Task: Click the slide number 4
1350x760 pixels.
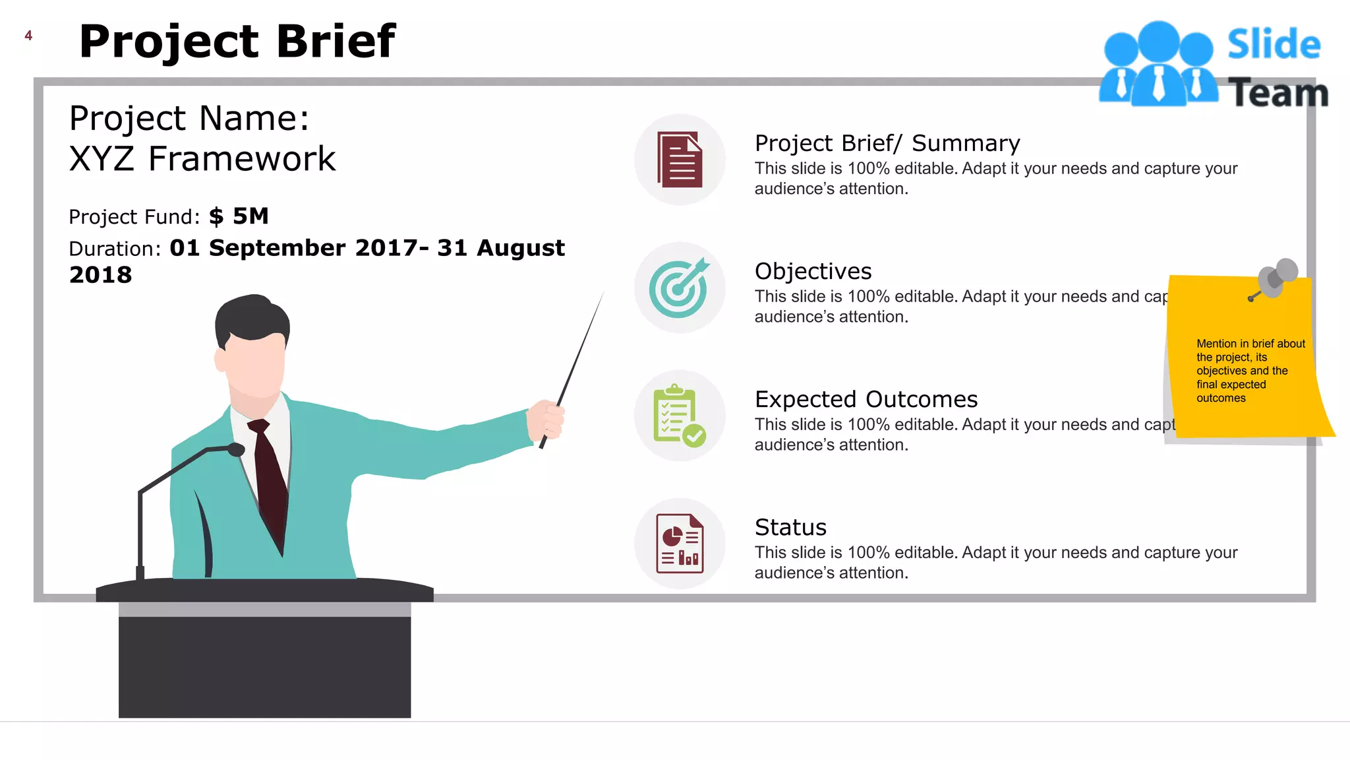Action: pyautogui.click(x=28, y=36)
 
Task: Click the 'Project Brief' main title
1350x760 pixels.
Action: pyautogui.click(x=237, y=42)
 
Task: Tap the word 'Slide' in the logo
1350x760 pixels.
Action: pyautogui.click(x=1274, y=45)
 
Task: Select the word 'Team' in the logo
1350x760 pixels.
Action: pyautogui.click(x=1278, y=93)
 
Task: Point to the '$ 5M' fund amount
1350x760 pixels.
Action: pyautogui.click(x=239, y=216)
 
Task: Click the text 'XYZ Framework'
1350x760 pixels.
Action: pyautogui.click(x=202, y=159)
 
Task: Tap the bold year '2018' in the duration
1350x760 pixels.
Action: pyautogui.click(x=101, y=275)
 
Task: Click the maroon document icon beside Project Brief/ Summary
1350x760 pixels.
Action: pyautogui.click(x=680, y=160)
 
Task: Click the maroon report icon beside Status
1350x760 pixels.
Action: pyautogui.click(x=680, y=544)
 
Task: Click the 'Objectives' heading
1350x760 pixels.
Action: pyautogui.click(x=813, y=271)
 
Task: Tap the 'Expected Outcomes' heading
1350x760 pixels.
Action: pyautogui.click(x=866, y=399)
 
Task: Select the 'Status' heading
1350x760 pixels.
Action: pyautogui.click(x=790, y=527)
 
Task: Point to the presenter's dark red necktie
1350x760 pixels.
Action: pyautogui.click(x=270, y=482)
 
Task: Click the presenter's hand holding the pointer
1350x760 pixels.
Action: pyautogui.click(x=546, y=420)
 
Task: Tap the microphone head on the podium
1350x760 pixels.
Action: pyautogui.click(x=235, y=450)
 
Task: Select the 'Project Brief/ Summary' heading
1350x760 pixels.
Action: pyautogui.click(x=887, y=143)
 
